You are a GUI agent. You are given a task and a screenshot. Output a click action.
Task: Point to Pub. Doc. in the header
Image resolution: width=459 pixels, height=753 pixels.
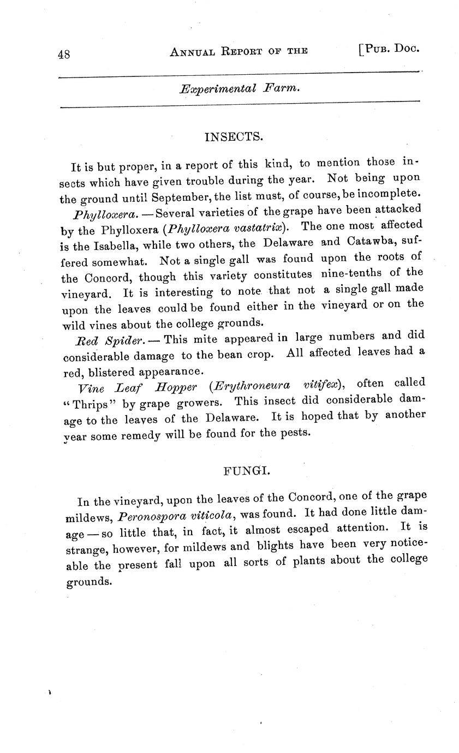(x=389, y=48)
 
